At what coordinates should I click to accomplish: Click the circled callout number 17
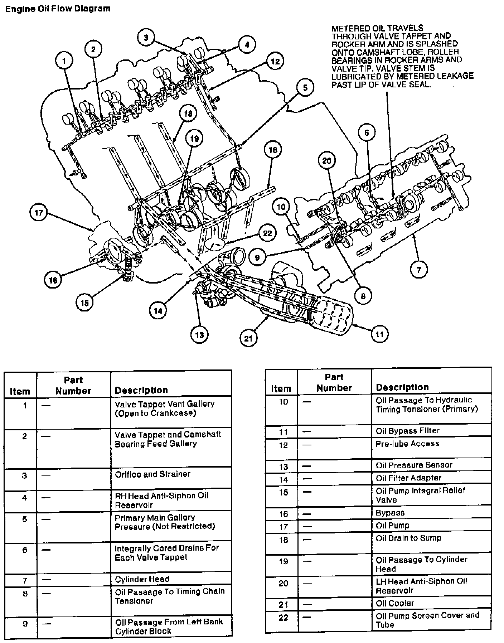pos(39,213)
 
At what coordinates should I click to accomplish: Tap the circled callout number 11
pos(380,334)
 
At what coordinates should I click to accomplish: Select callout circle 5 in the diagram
pos(305,87)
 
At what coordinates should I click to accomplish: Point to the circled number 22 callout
pos(267,233)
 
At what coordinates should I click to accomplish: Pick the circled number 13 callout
pos(199,335)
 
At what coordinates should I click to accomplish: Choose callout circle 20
pos(327,161)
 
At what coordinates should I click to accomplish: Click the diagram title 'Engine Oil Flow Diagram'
pos(58,9)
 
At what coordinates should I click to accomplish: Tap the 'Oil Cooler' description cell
pos(394,603)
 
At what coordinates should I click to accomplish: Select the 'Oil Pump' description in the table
pos(392,526)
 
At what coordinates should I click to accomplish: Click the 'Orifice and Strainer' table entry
pos(152,474)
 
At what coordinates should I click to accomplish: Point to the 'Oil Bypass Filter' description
pos(407,431)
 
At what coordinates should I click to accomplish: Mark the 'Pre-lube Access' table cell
pos(407,444)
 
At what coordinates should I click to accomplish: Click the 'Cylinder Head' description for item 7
pos(142,579)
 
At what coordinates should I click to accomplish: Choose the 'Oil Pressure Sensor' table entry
pos(414,465)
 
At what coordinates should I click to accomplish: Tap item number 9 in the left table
pos(25,624)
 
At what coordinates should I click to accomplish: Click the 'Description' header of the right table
pos(402,387)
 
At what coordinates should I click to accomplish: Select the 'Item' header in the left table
pos(20,391)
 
